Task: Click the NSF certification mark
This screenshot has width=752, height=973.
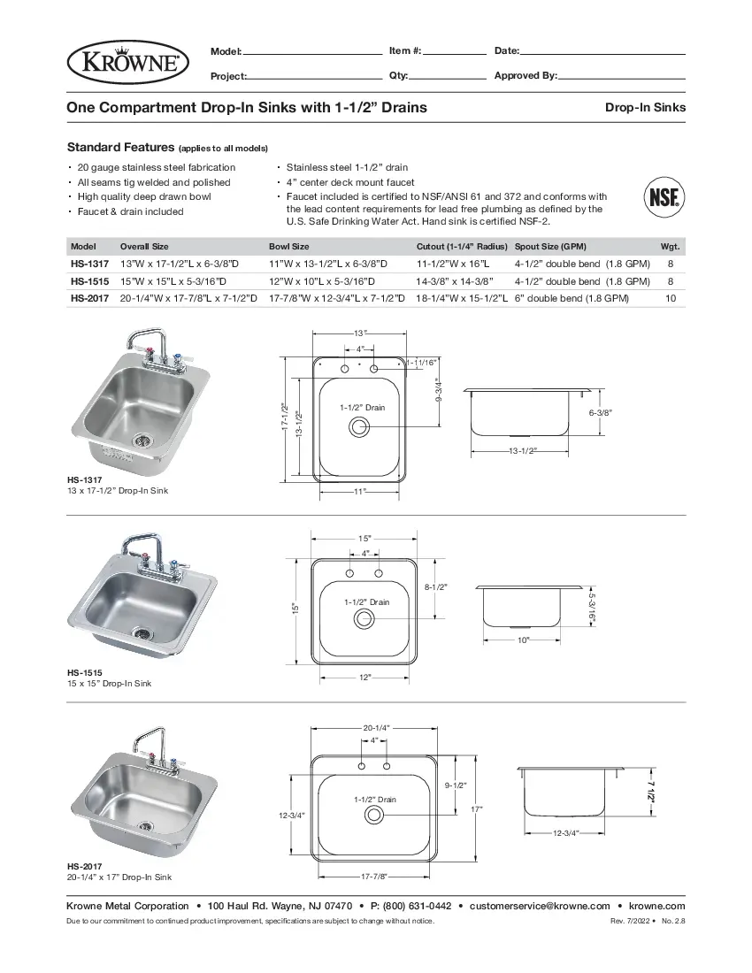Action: pyautogui.click(x=663, y=196)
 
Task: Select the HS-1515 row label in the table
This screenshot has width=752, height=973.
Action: pyautogui.click(x=89, y=281)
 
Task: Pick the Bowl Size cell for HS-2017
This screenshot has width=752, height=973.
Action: pyautogui.click(x=337, y=299)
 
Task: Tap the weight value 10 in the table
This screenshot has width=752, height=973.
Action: pyautogui.click(x=670, y=299)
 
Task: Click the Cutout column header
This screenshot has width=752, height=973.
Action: pyautogui.click(x=462, y=247)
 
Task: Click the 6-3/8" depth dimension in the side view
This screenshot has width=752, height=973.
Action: pyautogui.click(x=601, y=413)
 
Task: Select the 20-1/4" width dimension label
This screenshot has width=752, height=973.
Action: pyautogui.click(x=375, y=727)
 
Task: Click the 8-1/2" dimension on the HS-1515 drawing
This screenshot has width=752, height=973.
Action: pyautogui.click(x=435, y=586)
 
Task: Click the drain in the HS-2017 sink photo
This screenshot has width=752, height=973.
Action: pyautogui.click(x=146, y=826)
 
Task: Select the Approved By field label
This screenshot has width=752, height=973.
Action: pyautogui.click(x=526, y=76)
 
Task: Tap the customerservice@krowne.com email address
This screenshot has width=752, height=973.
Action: pyautogui.click(x=540, y=906)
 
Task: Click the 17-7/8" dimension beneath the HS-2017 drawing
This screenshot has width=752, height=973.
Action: pyautogui.click(x=374, y=876)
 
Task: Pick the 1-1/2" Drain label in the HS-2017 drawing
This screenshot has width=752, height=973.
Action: pyautogui.click(x=375, y=799)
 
